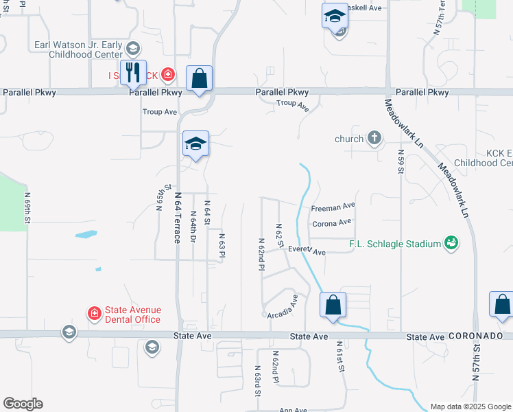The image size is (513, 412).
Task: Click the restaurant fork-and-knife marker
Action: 133,72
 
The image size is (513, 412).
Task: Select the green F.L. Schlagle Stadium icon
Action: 451,242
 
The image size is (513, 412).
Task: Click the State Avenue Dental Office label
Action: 132,315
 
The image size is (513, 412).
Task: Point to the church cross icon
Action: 374,138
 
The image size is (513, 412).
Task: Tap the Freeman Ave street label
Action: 333,206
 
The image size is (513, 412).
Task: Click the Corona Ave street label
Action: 331,222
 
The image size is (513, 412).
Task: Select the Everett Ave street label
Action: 307,251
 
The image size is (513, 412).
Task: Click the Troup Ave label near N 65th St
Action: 160,111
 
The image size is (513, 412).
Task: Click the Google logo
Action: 23,404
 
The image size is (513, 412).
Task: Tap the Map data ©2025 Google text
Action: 470,407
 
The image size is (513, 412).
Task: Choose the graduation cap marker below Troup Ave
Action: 195,144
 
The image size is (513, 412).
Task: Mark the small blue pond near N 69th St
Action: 86,235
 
